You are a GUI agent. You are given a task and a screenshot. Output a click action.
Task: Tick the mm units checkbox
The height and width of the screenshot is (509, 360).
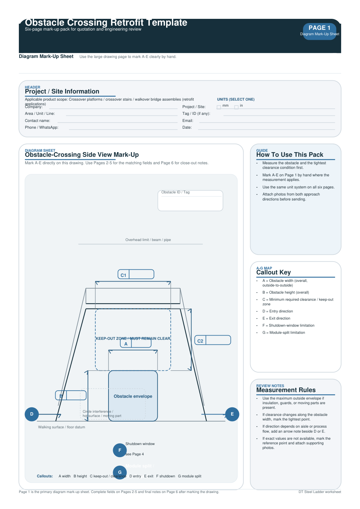pos(219,107)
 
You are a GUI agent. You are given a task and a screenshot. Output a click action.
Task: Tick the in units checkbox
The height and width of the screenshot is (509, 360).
pos(236,107)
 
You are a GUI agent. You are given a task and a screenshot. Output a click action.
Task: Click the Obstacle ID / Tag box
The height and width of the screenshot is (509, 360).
pos(190,201)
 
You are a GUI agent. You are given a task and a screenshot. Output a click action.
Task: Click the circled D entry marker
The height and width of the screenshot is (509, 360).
pos(32,414)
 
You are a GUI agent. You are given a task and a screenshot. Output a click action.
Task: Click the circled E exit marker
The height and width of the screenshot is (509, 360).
pos(232,414)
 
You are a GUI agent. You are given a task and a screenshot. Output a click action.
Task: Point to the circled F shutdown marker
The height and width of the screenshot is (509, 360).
pos(120,450)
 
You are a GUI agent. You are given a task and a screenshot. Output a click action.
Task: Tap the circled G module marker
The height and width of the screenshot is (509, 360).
pos(120,472)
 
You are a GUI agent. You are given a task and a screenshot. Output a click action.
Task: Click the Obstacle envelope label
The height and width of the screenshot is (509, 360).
pos(133,396)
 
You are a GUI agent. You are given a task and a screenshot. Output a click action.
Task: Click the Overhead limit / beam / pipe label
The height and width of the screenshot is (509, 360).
pos(148,240)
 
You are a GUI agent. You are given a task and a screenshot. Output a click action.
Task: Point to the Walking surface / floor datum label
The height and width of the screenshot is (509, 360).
pos(62,427)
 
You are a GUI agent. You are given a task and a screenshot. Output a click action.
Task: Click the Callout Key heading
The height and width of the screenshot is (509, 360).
pos(273,272)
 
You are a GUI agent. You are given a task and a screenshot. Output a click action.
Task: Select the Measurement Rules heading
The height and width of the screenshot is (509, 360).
pos(286,390)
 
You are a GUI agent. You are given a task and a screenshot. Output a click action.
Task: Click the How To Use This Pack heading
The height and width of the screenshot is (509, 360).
pos(290,155)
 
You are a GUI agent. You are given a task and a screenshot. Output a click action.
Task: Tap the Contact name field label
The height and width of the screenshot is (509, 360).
pos(37,121)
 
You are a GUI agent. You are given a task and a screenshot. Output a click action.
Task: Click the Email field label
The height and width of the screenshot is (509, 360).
pos(187,121)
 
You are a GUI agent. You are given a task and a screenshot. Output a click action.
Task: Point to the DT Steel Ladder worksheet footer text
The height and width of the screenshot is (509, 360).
pos(319,492)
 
